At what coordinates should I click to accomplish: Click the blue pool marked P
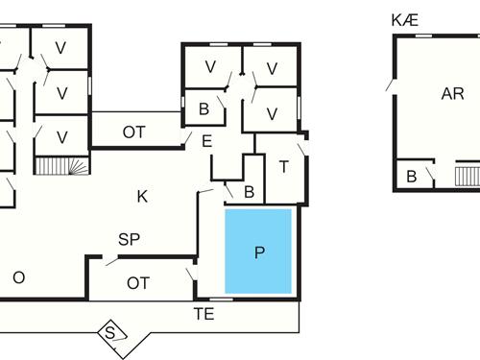[x=259, y=252]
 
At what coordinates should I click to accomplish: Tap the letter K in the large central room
[x=142, y=197]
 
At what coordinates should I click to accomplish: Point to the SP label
[x=129, y=240]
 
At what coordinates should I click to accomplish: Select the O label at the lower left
[x=17, y=277]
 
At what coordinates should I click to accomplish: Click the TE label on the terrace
[x=204, y=313]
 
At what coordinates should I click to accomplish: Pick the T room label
[x=284, y=166]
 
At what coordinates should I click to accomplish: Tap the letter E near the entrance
[x=206, y=141]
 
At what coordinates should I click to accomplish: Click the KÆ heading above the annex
[x=405, y=19]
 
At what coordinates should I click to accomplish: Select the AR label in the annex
[x=452, y=94]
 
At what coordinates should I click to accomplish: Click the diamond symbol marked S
[x=113, y=332]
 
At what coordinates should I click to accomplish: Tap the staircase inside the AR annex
[x=467, y=176]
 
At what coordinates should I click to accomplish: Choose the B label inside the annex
[x=412, y=177]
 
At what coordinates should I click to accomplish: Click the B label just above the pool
[x=249, y=192]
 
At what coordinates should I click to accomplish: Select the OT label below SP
[x=138, y=282]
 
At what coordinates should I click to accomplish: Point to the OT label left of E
[x=133, y=132]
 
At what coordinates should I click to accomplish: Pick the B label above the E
[x=204, y=108]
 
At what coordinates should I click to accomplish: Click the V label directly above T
[x=272, y=113]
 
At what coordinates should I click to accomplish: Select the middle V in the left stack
[x=61, y=93]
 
